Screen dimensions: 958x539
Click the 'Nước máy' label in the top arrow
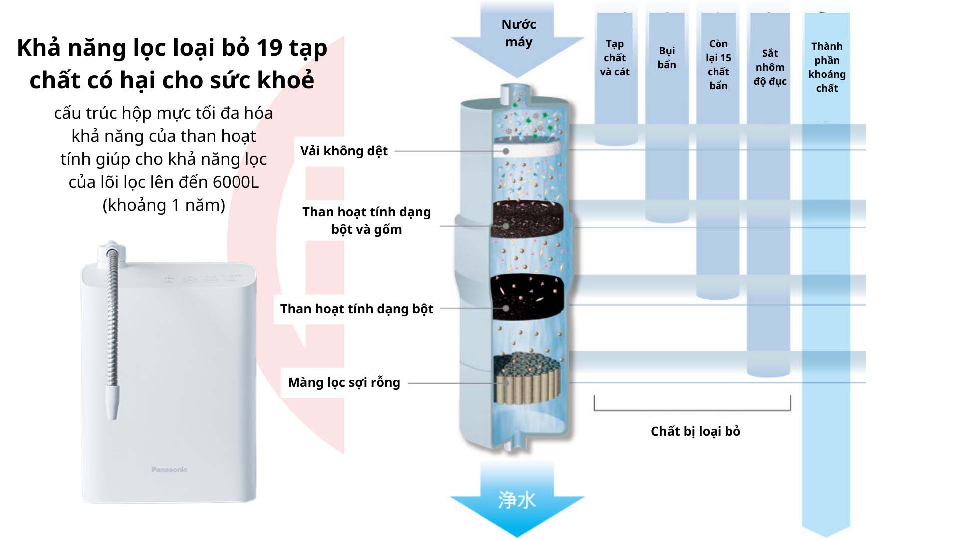click(519, 33)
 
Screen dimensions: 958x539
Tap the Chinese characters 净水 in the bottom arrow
click(517, 500)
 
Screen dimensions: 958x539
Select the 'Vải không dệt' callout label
click(344, 151)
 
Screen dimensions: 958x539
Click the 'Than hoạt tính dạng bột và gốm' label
click(366, 220)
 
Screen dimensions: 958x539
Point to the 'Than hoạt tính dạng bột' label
click(357, 309)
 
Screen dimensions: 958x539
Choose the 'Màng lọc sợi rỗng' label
click(344, 382)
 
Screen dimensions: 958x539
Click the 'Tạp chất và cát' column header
click(615, 58)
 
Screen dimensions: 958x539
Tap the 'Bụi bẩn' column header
click(667, 58)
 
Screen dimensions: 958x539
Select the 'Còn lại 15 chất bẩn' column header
click(718, 65)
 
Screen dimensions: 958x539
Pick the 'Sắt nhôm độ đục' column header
click(770, 67)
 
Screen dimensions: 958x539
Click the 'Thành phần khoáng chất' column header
click(827, 67)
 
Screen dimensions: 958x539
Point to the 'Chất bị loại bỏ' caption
click(696, 431)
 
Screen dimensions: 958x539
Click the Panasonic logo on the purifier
click(169, 469)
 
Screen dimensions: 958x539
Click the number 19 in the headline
click(269, 48)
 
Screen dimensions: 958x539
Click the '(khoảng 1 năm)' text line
click(164, 205)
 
